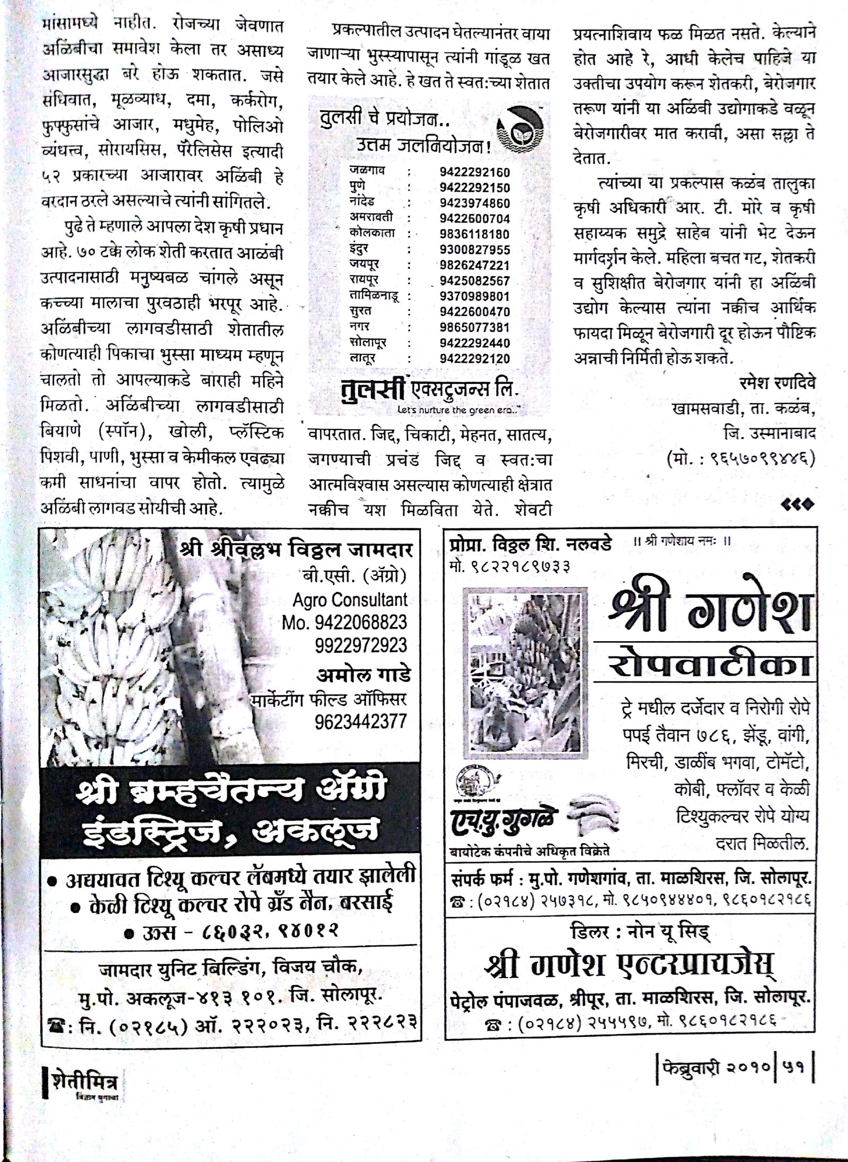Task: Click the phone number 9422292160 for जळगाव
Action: [474, 172]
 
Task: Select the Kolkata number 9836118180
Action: [474, 234]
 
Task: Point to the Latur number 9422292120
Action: [474, 359]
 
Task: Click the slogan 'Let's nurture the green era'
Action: [459, 410]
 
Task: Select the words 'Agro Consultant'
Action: [350, 599]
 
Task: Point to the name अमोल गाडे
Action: [364, 676]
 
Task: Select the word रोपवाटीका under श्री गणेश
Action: [710, 666]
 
